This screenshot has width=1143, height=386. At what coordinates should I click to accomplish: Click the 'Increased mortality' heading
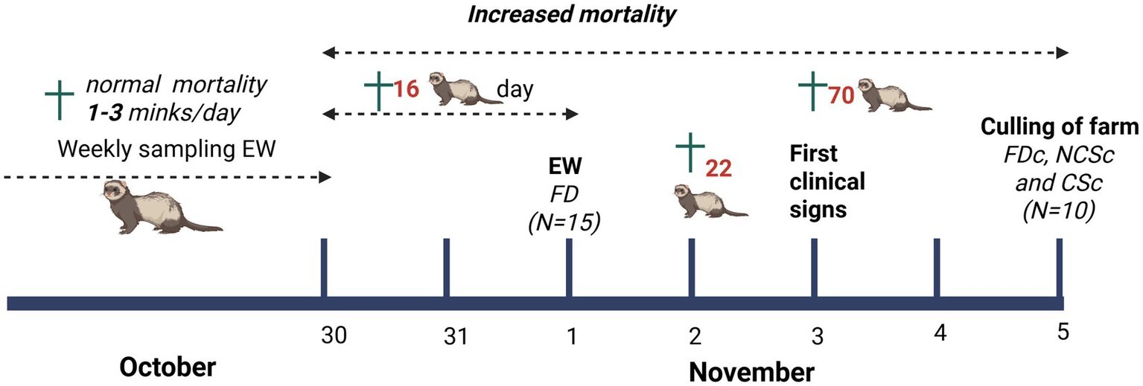tap(571, 14)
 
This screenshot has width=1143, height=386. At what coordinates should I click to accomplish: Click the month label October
tap(168, 368)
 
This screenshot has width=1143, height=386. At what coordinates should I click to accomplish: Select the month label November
tap(750, 370)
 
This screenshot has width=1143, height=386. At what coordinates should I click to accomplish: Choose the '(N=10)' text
tap(1059, 211)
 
